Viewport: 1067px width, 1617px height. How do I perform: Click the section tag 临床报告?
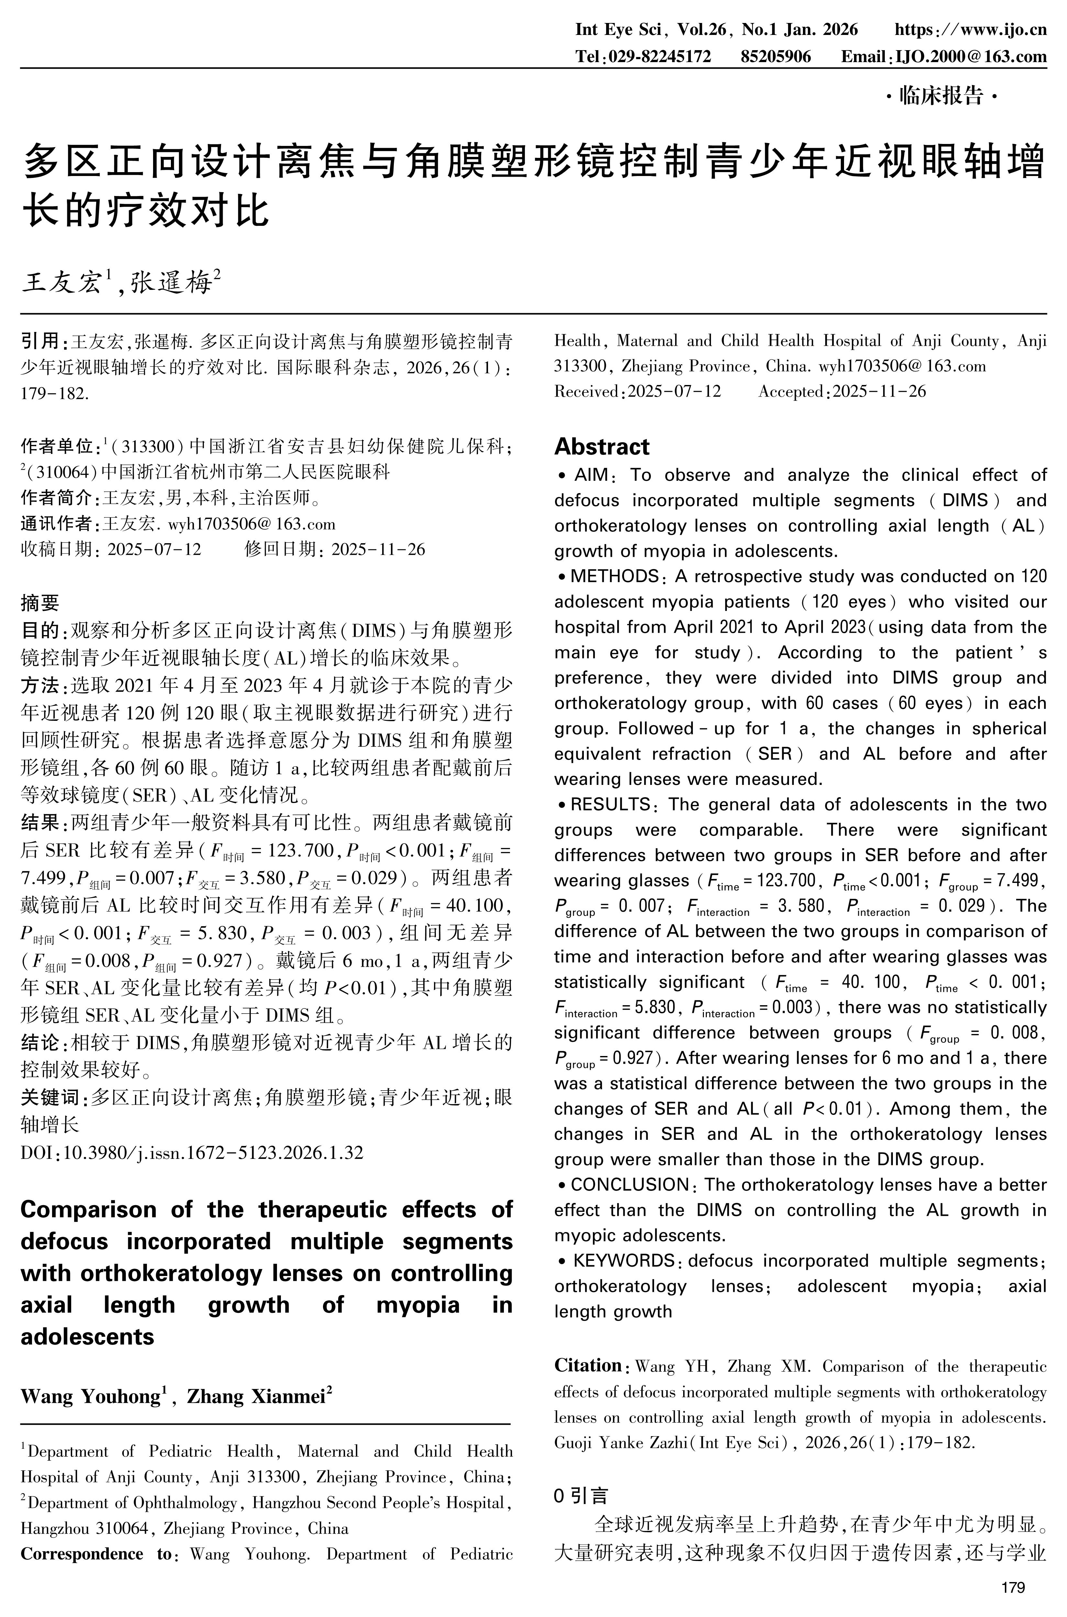point(942,97)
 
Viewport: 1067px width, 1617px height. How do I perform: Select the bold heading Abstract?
point(602,447)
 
